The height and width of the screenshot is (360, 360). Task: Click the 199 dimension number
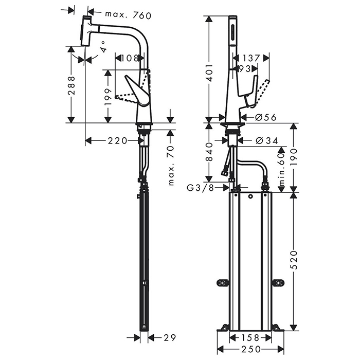(x=109, y=97)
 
